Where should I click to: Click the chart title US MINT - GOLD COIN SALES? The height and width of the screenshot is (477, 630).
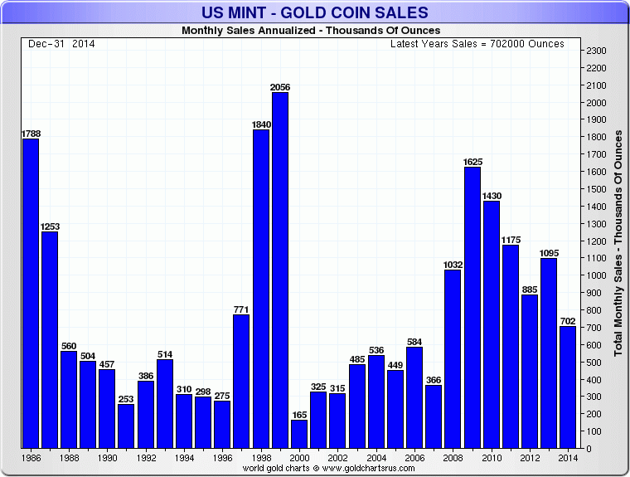click(315, 12)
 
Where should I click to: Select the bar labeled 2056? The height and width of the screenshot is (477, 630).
click(280, 270)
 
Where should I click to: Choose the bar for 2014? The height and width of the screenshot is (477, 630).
click(568, 387)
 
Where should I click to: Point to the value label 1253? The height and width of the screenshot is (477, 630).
click(50, 226)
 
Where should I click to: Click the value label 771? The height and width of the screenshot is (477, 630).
click(241, 309)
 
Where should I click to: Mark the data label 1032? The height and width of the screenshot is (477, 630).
click(453, 265)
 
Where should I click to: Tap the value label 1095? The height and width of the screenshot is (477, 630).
click(549, 253)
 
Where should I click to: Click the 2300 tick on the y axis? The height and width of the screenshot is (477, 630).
click(596, 51)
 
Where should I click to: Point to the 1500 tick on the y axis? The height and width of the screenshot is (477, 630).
click(596, 189)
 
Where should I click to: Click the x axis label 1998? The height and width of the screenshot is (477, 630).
click(260, 457)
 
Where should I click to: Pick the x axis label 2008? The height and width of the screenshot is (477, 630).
click(453, 457)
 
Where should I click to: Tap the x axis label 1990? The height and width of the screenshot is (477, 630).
click(107, 457)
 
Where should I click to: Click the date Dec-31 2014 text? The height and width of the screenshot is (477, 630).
click(59, 43)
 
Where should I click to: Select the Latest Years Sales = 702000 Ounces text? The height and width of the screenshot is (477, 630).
click(477, 43)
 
